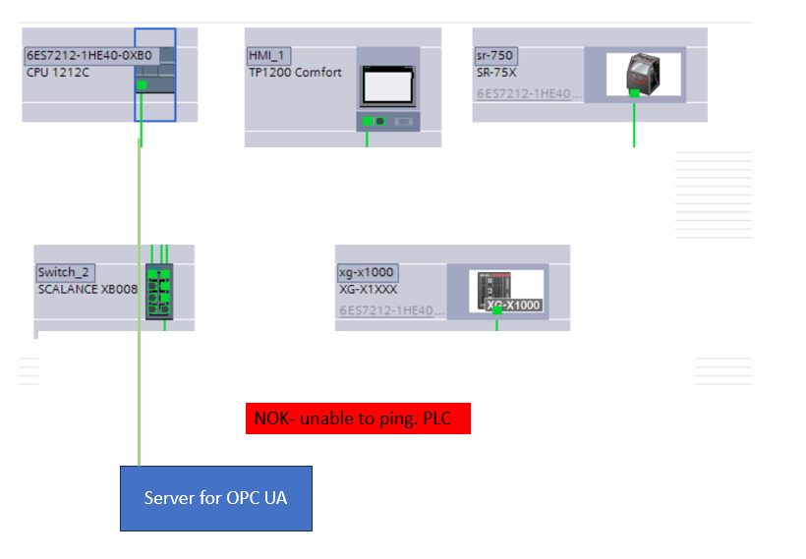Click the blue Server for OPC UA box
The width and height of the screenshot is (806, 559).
215,498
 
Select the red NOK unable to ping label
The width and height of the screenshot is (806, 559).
358,419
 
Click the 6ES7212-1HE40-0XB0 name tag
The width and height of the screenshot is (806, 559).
88,55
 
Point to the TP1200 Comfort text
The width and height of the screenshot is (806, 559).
295,72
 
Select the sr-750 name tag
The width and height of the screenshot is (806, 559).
496,55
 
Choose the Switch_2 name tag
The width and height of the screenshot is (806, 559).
65,272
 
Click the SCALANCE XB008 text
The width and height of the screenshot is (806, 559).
87,289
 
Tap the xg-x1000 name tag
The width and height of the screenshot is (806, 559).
368,272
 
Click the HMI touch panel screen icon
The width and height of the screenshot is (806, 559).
389,86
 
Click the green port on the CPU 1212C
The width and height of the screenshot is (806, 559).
142,86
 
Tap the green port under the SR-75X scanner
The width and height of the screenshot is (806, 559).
634,92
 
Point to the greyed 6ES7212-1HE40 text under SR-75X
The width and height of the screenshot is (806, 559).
529,94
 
